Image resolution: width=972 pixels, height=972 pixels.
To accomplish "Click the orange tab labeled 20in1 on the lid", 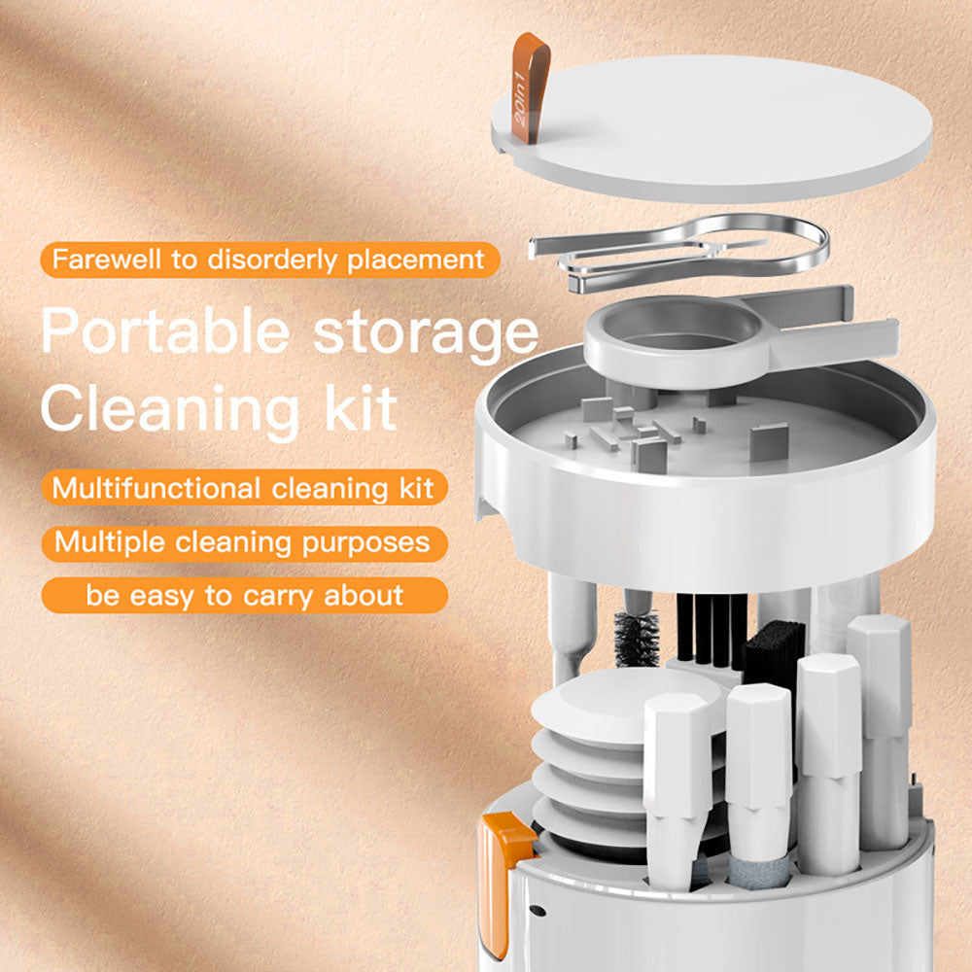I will (531, 87).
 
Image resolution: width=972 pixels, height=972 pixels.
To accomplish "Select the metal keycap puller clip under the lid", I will (680, 255).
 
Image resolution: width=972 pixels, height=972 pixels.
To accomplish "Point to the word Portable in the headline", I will (163, 330).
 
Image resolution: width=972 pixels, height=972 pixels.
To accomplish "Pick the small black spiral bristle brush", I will (636, 637).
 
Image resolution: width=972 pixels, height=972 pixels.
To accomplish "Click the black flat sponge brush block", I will (773, 646).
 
